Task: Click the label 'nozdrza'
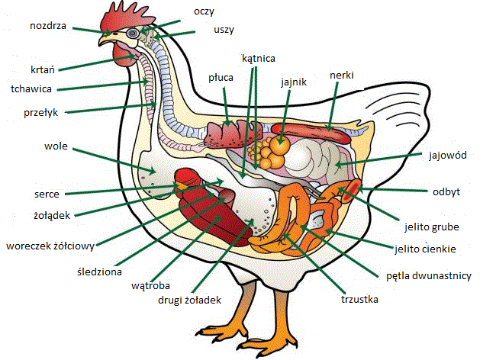coord(47,25)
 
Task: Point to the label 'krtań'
coord(43,68)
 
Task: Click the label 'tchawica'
coord(31,88)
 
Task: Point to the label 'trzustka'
coord(359,300)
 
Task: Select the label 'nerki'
coord(342,75)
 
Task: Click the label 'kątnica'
coord(258,58)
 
